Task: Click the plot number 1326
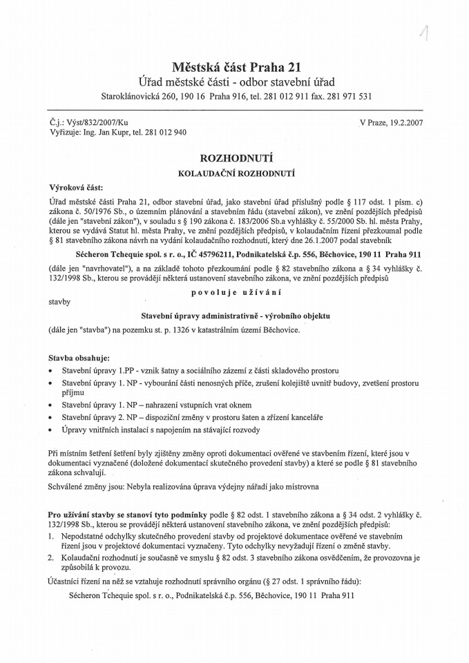click(x=177, y=330)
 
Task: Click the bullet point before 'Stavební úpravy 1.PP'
click(x=52, y=372)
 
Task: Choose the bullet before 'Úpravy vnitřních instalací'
click(x=52, y=430)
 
